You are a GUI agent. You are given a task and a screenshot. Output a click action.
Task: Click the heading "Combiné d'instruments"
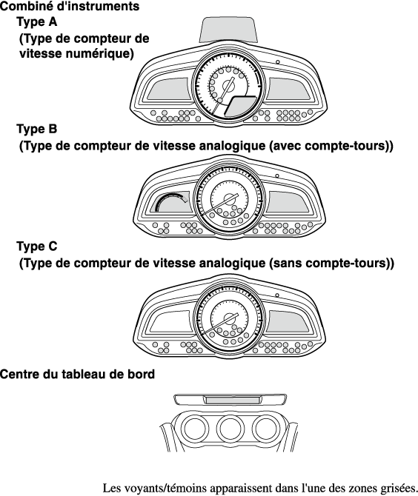70,7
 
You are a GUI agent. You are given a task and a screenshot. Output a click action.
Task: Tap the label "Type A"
37,21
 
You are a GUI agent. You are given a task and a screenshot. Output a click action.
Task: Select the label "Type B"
37,129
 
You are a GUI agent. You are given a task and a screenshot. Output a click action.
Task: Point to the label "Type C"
37,246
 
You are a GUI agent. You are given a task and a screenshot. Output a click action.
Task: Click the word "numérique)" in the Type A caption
100,53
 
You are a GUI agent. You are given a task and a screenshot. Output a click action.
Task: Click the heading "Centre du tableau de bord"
77,374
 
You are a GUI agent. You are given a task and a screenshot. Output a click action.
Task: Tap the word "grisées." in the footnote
399,488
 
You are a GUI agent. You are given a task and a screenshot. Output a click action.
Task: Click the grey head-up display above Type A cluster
228,30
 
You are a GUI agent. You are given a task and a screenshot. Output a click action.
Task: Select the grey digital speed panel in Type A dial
240,106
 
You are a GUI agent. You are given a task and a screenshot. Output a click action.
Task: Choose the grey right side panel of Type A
288,89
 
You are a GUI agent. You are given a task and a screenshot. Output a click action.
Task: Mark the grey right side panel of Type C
288,321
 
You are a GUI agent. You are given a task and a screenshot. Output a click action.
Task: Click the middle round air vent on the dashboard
231,429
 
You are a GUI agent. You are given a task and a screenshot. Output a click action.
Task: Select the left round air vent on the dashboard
194,429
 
